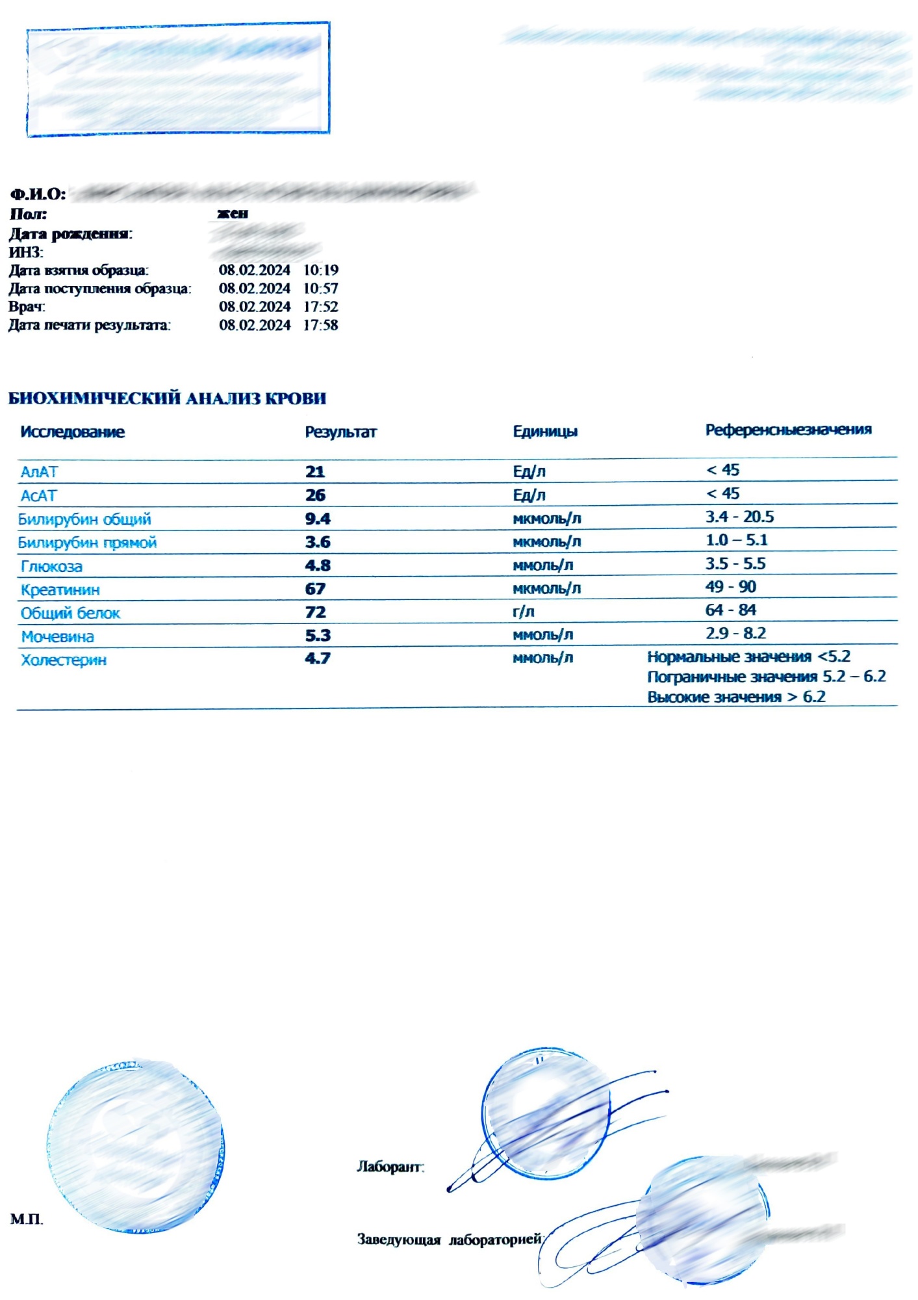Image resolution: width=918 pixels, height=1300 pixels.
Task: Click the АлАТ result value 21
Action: click(x=315, y=472)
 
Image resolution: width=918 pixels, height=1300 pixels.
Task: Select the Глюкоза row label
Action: click(x=51, y=566)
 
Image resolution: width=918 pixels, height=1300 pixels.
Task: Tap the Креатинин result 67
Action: click(x=315, y=589)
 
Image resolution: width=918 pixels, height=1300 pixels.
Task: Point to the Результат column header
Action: click(x=340, y=432)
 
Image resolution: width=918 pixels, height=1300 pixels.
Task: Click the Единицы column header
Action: click(x=545, y=432)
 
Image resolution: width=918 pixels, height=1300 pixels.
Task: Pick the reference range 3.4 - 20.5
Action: click(x=739, y=517)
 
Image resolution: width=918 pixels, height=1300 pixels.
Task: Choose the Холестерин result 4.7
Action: click(x=318, y=658)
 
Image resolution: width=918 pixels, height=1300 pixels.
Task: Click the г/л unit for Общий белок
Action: click(x=523, y=612)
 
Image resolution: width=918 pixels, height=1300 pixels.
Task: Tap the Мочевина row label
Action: click(x=57, y=636)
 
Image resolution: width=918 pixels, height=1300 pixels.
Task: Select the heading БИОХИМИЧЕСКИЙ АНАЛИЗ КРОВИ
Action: click(x=167, y=398)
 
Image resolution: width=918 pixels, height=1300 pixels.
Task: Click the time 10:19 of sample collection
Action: click(x=321, y=270)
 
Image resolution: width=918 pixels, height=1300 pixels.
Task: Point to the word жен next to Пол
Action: click(x=233, y=213)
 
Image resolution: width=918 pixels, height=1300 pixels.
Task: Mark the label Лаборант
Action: click(x=390, y=1167)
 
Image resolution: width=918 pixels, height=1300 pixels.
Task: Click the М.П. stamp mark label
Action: click(x=27, y=1219)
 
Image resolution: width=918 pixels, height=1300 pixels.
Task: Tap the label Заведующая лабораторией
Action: click(x=450, y=1240)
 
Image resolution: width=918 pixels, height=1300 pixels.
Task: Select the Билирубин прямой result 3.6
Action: click(x=318, y=542)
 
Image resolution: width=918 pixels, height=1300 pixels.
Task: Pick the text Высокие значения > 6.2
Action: click(x=736, y=697)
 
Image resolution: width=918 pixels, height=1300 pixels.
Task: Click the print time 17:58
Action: click(x=320, y=325)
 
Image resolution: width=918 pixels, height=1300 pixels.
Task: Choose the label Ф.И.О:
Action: click(x=38, y=194)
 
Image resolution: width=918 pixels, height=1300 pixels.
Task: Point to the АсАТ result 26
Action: click(x=315, y=495)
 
